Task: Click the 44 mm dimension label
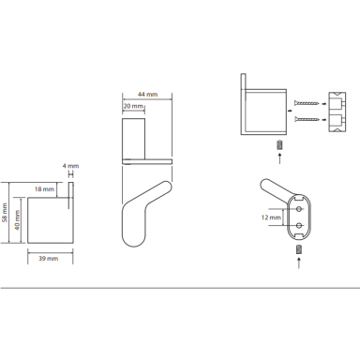click(147, 94)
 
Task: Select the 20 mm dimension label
click(133, 106)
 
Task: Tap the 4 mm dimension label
click(70, 166)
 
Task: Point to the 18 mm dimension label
click(44, 189)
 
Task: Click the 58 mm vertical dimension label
click(5, 213)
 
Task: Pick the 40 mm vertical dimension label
click(17, 219)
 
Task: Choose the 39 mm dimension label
click(49, 259)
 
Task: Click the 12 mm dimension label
click(271, 217)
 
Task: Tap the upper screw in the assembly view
click(307, 102)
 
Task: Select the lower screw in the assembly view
click(307, 119)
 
